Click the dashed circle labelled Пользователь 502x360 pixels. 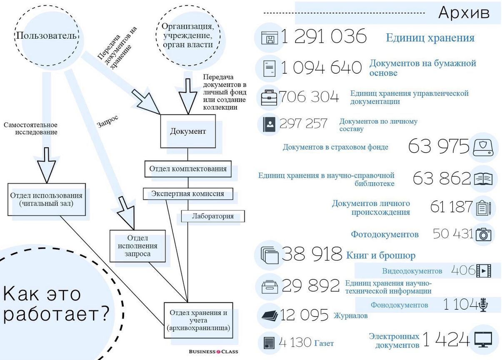(47, 35)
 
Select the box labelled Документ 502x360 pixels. (187, 131)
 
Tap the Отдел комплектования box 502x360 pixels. (188, 169)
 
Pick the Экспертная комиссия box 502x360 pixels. (187, 194)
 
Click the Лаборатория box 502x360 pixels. (212, 216)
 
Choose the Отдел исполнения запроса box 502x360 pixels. (138, 246)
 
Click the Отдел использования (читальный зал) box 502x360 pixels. (46, 199)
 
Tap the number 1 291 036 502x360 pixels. (324, 37)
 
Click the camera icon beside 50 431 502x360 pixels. (483, 234)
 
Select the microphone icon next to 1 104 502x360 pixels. (483, 305)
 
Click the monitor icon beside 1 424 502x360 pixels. (483, 339)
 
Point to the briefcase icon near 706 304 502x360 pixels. (269, 97)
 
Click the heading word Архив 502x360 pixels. (463, 13)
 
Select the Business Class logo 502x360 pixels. (213, 352)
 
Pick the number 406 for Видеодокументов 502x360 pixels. (463, 271)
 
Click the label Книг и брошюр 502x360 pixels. (381, 255)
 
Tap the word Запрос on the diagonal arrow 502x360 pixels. (107, 121)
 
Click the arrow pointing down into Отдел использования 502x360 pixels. (46, 166)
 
